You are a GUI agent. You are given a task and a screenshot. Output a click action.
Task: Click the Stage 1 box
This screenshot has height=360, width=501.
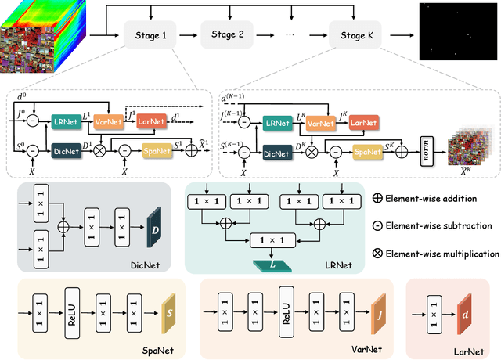click(x=150, y=35)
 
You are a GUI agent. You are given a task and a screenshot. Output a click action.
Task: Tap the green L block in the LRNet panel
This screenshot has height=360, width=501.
click(x=271, y=266)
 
